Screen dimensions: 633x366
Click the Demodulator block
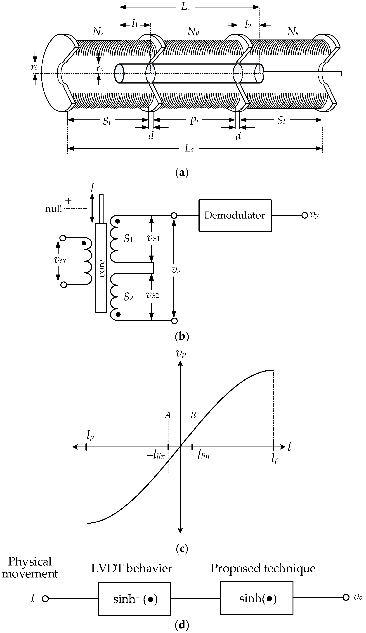[x=235, y=215]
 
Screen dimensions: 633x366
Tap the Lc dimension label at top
[x=186, y=7]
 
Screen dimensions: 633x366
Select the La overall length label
[x=189, y=149]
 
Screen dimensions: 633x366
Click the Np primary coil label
[x=193, y=31]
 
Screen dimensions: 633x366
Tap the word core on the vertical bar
[x=101, y=268]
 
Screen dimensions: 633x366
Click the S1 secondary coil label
[x=128, y=239]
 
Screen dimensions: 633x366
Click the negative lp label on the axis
[x=87, y=436]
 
